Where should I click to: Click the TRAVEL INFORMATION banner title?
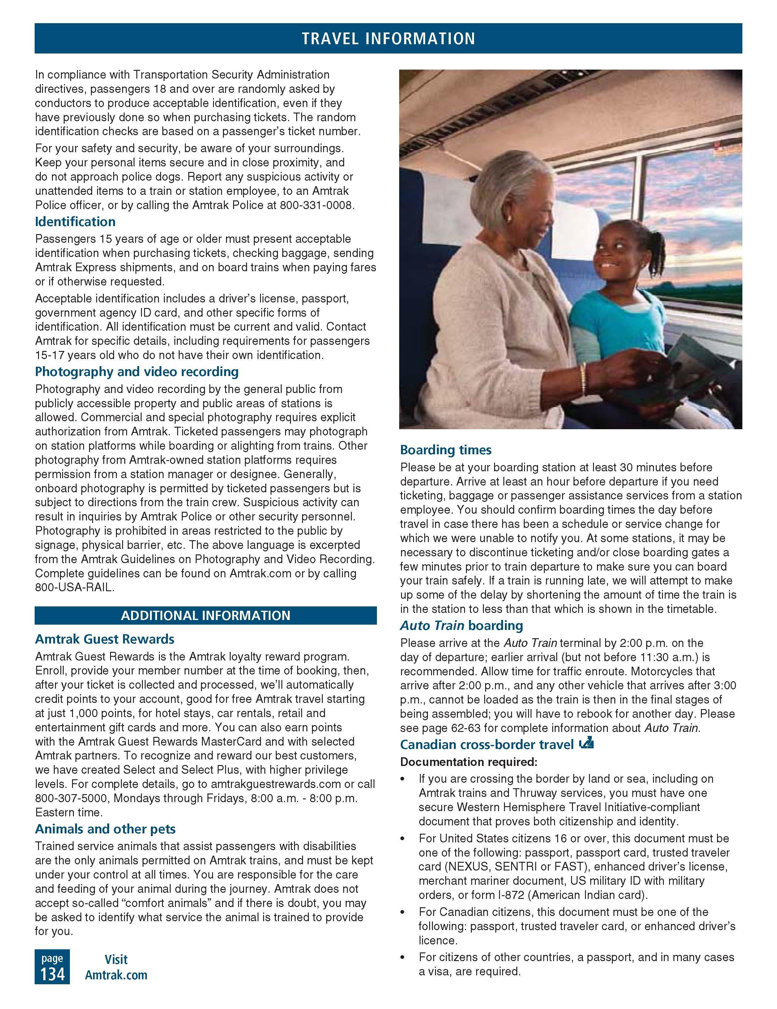pos(388,38)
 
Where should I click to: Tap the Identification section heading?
pos(75,222)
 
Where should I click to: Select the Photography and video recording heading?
pos(137,372)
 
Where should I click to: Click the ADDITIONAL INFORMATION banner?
pos(206,615)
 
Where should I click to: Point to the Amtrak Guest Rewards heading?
pos(105,639)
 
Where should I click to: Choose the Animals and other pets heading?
pos(105,829)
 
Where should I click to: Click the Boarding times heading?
pos(446,450)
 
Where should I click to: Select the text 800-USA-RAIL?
pos(74,587)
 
